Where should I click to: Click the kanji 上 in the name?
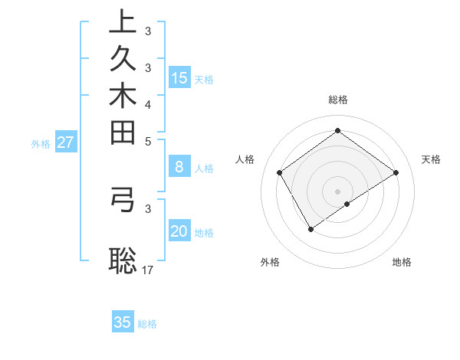[x=122, y=21]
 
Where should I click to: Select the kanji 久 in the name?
[x=122, y=58]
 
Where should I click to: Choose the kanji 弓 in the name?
[x=122, y=198]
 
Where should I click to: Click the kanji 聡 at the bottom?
[x=122, y=260]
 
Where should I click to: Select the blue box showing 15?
[x=179, y=77]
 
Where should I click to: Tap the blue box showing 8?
[x=179, y=166]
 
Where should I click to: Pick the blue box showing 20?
[x=179, y=231]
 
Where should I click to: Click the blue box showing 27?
[x=65, y=142]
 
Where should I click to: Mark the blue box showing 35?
[x=123, y=322]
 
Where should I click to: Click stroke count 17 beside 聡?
[x=148, y=270]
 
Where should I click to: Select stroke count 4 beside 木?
[x=148, y=104]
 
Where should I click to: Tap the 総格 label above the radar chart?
[x=338, y=100]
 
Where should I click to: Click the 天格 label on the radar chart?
[x=432, y=159]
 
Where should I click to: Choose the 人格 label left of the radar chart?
[x=245, y=159]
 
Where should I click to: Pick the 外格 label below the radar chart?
[x=270, y=263]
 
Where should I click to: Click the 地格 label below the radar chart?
[x=402, y=263]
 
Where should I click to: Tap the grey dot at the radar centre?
[x=337, y=191]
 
